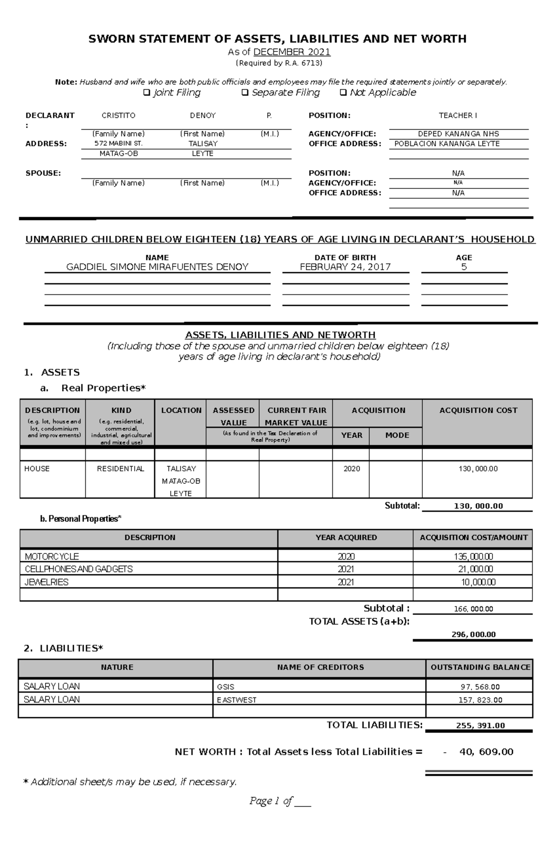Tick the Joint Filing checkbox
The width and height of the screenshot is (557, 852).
tap(147, 93)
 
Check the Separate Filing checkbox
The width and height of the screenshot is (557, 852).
tap(245, 93)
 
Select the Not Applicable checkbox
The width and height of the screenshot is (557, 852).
tap(343, 93)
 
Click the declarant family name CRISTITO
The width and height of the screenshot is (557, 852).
tap(118, 116)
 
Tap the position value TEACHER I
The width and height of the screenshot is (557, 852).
tap(458, 116)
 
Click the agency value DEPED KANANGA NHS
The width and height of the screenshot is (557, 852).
tap(458, 134)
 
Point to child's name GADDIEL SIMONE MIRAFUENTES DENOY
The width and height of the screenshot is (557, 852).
tap(157, 267)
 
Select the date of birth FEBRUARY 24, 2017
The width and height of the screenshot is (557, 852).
tap(345, 267)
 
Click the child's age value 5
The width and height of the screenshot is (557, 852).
tap(464, 267)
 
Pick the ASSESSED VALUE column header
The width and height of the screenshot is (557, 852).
tap(233, 416)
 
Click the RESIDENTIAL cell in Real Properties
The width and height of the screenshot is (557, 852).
tap(120, 469)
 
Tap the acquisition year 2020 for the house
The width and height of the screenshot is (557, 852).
tap(351, 469)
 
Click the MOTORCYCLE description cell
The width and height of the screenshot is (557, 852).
tap(52, 556)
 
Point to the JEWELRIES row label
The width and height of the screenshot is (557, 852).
tap(46, 582)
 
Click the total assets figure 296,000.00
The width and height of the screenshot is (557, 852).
tap(473, 634)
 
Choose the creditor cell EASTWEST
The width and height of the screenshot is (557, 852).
tap(237, 700)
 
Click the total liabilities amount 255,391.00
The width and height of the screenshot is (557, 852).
tap(480, 725)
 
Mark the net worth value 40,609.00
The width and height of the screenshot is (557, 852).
tap(486, 752)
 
